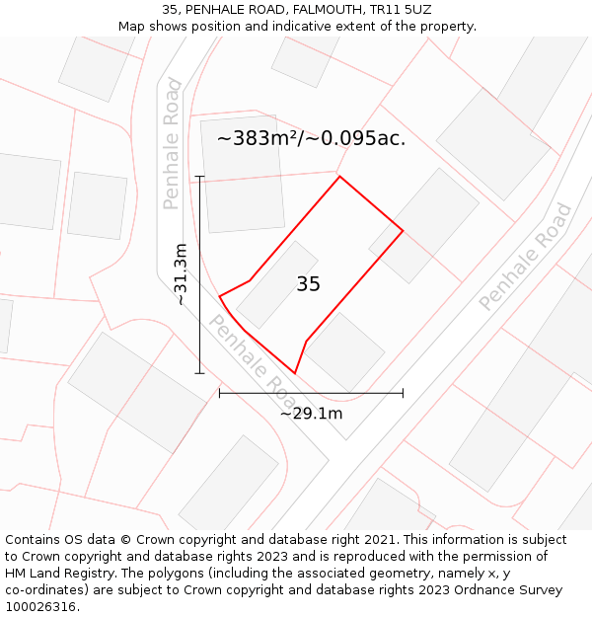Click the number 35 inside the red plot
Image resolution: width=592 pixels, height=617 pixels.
coord(308,284)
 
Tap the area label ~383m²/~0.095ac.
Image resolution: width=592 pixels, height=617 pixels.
coord(311,138)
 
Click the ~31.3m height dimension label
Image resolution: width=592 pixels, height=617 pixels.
coord(181,274)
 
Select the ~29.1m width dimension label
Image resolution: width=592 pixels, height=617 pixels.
coord(311,413)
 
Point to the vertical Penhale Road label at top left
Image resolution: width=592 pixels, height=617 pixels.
coord(172,143)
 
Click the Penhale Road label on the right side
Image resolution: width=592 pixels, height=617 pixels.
coord(525,257)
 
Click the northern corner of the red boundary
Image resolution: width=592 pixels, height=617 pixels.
coord(339,177)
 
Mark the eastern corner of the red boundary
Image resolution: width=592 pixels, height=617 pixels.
coord(403,230)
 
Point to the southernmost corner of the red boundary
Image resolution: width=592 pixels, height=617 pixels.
coord(294,373)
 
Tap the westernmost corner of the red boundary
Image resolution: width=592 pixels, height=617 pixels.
coord(219,296)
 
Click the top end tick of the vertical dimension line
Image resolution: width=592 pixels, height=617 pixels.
coord(199,177)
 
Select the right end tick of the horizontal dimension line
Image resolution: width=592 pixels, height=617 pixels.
coord(403,393)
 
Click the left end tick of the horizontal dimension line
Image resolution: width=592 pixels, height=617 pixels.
coord(219,393)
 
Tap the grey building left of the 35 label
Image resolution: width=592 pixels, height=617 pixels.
coord(276,284)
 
